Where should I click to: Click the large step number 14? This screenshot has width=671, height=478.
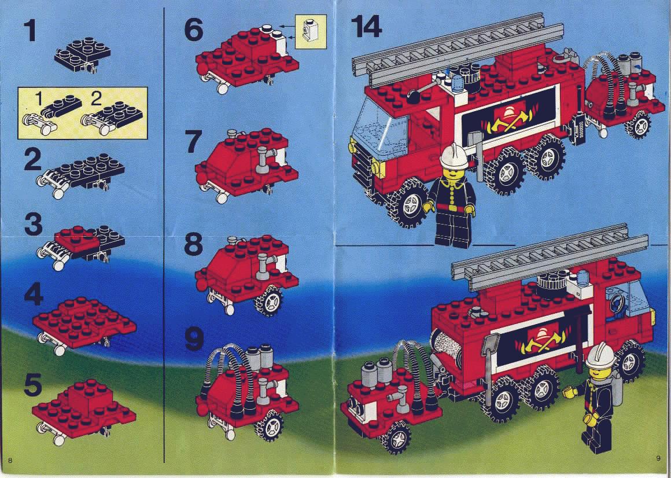[x=366, y=26]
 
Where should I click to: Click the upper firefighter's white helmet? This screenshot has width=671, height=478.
[x=454, y=156]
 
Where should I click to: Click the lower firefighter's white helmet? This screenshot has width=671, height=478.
[x=600, y=355]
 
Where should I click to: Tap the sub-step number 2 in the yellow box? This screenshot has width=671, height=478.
[x=96, y=100]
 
